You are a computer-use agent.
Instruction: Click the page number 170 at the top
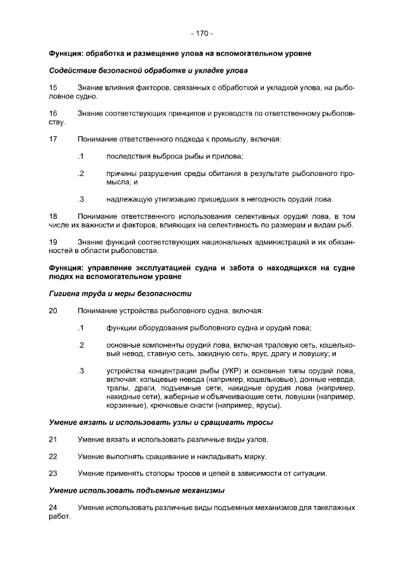pos(202,33)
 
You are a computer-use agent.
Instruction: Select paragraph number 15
pos(53,86)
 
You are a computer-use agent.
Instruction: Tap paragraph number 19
pos(53,242)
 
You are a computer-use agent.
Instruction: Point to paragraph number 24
pos(53,507)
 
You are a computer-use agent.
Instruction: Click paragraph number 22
pos(53,456)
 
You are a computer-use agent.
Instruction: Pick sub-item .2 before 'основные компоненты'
pos(81,345)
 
